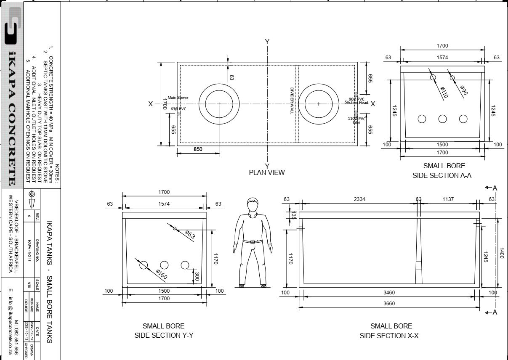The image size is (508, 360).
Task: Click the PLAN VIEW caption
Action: pos(266,172)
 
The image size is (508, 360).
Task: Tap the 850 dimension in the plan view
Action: pos(197,149)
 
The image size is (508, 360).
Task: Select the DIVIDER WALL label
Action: pos(292,101)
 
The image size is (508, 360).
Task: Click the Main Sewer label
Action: pos(178,98)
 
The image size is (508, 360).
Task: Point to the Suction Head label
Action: pos(356,103)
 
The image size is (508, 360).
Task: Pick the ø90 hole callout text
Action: pos(463,90)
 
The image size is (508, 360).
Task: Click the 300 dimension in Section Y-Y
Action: pos(196,276)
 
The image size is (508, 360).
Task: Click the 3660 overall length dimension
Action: pos(389,303)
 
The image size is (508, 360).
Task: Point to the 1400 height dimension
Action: pos(501,253)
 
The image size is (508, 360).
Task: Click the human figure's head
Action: pos(253,205)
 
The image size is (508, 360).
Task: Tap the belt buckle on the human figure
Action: pos(253,242)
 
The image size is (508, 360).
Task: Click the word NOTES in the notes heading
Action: pos(58,174)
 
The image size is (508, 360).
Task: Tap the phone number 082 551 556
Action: pos(16,337)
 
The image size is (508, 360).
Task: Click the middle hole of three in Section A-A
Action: pos(442,119)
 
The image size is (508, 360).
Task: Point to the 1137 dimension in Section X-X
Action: pos(448,199)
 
